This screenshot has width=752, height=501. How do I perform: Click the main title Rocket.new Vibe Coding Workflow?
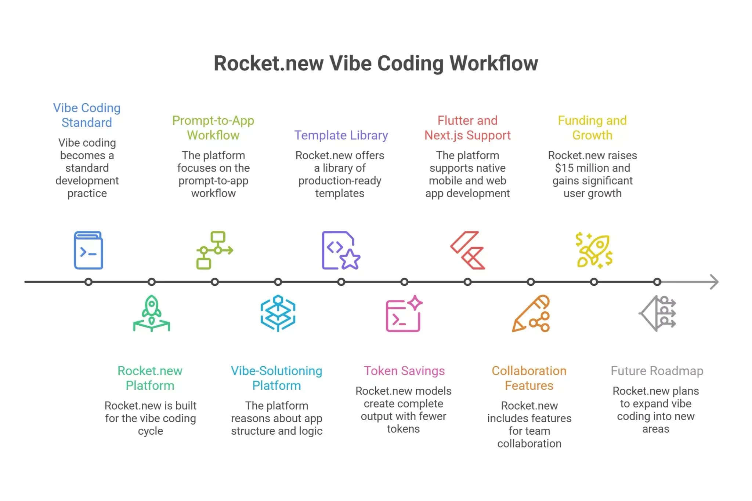[376, 63]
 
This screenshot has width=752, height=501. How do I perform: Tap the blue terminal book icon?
[88, 251]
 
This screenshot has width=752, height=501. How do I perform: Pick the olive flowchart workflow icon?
[214, 250]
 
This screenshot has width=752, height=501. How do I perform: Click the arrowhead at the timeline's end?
[714, 282]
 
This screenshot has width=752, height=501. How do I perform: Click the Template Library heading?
[341, 135]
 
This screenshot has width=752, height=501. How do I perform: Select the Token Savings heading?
[404, 371]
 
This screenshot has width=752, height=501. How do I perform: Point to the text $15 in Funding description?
[564, 168]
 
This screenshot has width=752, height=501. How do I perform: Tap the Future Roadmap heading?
[657, 371]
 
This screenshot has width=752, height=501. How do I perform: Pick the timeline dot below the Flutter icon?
[467, 282]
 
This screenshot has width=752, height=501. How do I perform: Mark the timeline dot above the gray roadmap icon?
[657, 282]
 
